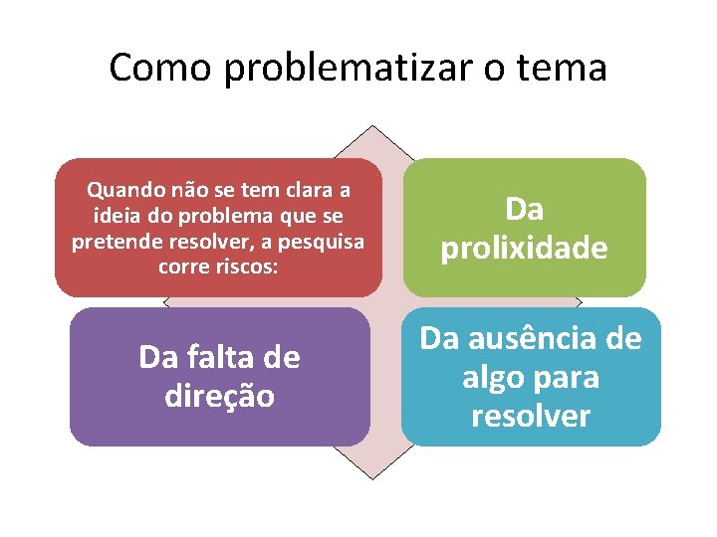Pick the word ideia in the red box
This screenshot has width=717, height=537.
115,215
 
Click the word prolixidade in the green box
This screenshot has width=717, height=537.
524,248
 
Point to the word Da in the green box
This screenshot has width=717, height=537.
524,209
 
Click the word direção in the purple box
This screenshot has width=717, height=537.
219,395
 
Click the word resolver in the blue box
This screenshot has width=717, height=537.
531,416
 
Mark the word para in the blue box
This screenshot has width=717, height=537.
568,378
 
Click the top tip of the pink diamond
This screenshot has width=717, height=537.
372,125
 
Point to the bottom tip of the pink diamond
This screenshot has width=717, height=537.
372,479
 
